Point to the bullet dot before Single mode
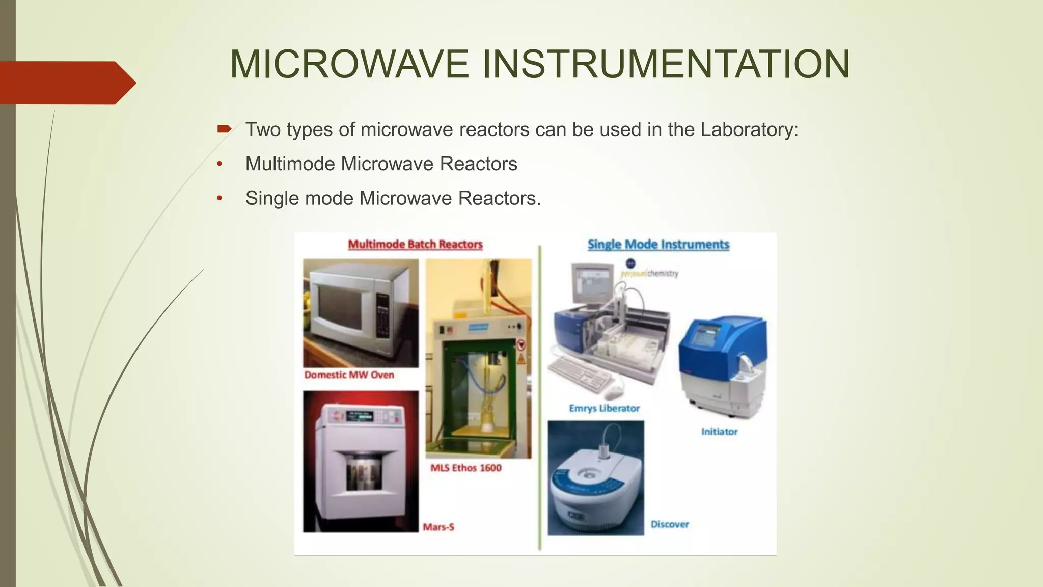coord(219,198)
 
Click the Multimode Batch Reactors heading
coord(415,245)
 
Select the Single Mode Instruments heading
coord(658,245)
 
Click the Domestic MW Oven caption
coord(349,375)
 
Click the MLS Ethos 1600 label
coord(465,468)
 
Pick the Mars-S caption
coord(438,527)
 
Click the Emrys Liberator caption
coord(604,408)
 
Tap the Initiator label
coord(719,432)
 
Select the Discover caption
coord(669,524)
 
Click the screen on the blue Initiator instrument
coord(703,337)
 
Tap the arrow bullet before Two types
coord(224,129)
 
